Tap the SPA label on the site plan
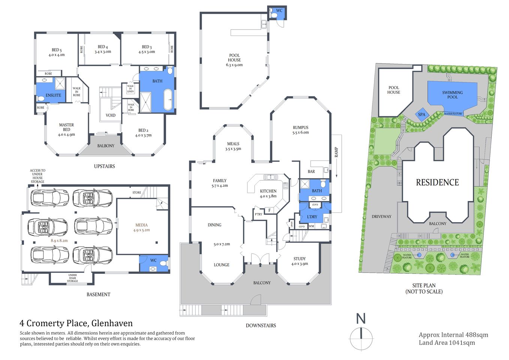pos(422,115)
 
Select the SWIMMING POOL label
pos(452,95)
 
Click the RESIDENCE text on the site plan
pos(437,183)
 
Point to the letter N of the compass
pos(361,319)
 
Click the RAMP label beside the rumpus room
pos(336,152)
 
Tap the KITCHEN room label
pos(268,191)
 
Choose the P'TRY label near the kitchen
pos(259,214)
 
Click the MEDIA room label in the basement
pos(141,225)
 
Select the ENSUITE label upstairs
pos(53,95)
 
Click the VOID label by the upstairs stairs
pos(111,115)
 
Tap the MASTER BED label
pos(66,127)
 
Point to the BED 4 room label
pos(103,47)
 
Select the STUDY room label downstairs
pos(299,259)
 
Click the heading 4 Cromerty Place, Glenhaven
pos(76,323)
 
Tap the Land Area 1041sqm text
pos(447,343)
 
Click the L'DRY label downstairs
pos(312,217)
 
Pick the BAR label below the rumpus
pos(311,171)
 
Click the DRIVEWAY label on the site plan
pos(381,217)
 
